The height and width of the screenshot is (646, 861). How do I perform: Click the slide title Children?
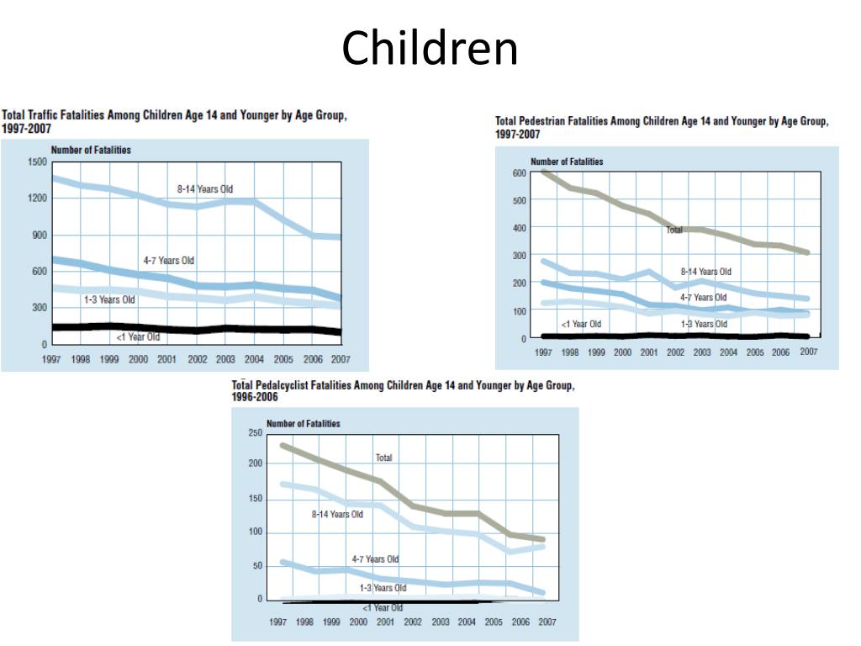[430, 48]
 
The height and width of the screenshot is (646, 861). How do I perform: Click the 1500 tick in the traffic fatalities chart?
[36, 161]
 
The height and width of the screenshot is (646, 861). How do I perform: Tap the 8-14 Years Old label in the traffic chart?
[205, 189]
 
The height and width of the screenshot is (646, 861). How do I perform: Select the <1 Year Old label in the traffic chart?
[138, 337]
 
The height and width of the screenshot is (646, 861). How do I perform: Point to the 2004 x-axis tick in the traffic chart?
[254, 358]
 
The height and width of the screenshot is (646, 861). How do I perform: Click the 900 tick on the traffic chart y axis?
[40, 235]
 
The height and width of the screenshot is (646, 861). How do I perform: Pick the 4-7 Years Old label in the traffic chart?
[168, 261]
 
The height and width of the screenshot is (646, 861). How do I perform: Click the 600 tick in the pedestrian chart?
[519, 173]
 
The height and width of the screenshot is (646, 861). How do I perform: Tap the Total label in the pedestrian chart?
[674, 229]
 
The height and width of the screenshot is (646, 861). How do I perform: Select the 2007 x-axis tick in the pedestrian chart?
[808, 352]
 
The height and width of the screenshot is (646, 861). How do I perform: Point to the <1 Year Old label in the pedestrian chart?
[581, 324]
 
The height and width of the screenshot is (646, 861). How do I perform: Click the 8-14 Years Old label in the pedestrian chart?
[706, 272]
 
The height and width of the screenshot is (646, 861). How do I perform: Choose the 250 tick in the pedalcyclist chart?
[255, 432]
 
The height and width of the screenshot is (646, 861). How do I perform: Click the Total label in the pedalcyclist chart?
[384, 458]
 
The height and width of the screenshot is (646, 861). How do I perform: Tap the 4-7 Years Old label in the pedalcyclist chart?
[375, 559]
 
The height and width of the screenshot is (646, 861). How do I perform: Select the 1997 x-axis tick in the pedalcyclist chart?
[277, 622]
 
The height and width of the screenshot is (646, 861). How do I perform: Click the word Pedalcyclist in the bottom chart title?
[289, 385]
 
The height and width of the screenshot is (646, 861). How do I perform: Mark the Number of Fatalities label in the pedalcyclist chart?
[304, 423]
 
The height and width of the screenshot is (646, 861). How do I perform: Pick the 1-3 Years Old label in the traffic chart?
[109, 299]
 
